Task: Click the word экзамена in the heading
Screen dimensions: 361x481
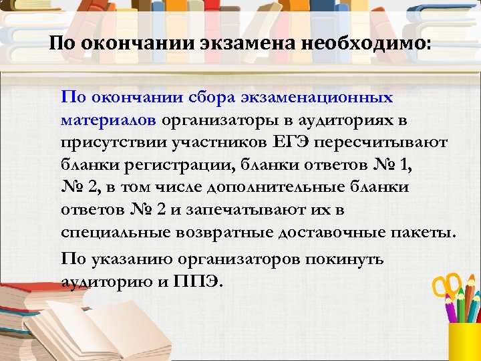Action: tap(246, 45)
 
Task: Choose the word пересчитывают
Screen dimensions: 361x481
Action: tap(387, 143)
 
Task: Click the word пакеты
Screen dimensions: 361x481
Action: tap(425, 233)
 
